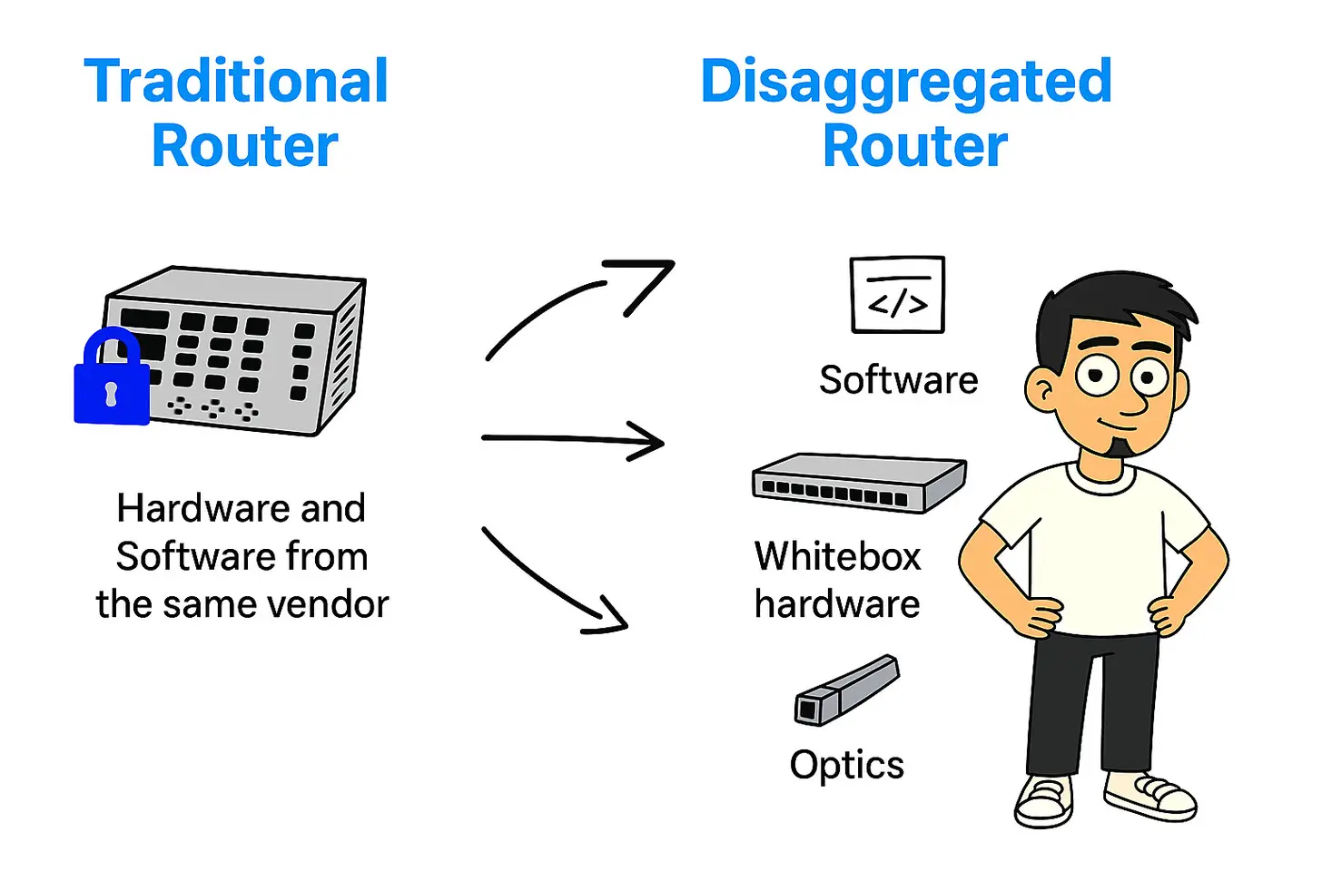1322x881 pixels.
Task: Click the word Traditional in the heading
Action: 236,82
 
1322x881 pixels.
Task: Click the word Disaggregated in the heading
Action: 906,82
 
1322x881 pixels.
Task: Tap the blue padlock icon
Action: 112,380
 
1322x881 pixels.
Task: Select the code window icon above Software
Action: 897,295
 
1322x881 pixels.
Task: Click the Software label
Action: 898,380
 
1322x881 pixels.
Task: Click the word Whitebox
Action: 837,556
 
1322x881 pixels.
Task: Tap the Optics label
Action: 846,765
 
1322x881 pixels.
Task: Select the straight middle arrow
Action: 572,441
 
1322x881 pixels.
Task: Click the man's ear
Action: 1041,391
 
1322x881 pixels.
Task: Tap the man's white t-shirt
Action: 1099,544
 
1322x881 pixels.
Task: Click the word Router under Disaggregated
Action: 914,147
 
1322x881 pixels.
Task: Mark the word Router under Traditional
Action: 244,147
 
